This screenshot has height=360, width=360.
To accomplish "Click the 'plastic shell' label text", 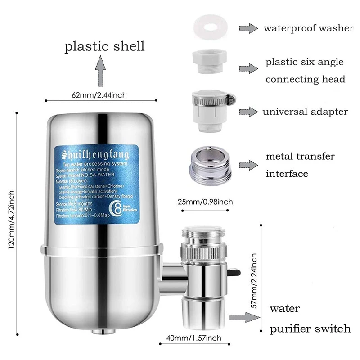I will point(104,46).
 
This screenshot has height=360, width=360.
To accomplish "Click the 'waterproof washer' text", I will point(308,28).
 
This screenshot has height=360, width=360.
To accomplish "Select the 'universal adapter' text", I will point(306,111).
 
